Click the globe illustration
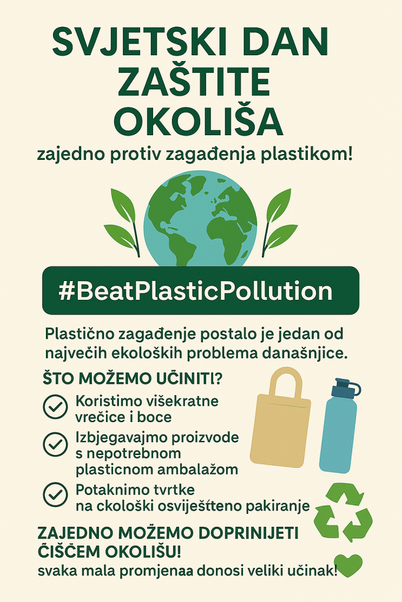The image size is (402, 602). (200, 219)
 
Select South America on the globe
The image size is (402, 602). (175, 248)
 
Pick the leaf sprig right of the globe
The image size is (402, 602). (279, 222)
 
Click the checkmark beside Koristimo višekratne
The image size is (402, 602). (55, 406)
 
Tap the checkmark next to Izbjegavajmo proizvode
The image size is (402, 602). (55, 444)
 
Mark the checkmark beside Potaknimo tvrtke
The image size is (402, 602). (55, 494)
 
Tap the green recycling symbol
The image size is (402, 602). (343, 512)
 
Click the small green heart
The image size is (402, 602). (348, 565)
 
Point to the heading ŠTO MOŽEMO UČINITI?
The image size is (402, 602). (132, 379)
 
